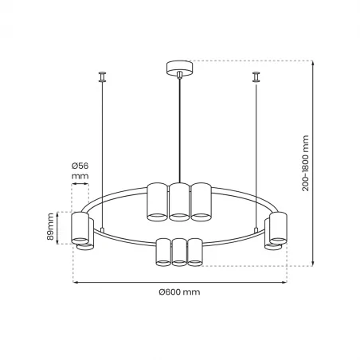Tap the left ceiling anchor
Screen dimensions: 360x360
[102, 77]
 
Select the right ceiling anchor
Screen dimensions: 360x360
[256, 77]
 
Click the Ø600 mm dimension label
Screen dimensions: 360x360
[179, 292]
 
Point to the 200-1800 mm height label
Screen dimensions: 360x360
[327, 163]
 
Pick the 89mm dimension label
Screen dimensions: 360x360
[49, 227]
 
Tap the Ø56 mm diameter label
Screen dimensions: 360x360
[80, 172]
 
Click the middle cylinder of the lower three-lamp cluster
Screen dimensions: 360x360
[179, 251]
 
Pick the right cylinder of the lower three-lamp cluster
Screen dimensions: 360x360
[194, 251]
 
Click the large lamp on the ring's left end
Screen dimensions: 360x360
[80, 228]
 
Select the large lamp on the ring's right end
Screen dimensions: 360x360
[277, 228]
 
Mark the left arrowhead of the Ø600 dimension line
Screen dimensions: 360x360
[75, 282]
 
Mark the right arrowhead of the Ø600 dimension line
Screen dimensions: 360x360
[284, 282]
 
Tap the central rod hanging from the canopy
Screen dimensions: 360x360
[179, 127]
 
